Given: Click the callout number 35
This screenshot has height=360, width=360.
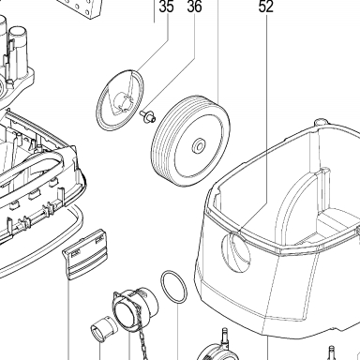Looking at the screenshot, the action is [166, 7].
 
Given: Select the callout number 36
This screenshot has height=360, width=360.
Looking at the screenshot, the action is [194, 7].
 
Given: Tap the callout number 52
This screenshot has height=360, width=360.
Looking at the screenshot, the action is [266, 7].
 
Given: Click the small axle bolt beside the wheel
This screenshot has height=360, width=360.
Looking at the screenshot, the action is [147, 116].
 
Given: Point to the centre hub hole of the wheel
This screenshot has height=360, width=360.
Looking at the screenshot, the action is [199, 145].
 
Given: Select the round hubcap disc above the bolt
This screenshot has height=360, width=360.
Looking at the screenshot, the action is [120, 100].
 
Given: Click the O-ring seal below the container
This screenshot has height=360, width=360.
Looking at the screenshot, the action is [174, 287].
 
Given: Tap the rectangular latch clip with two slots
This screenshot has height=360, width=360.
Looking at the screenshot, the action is [85, 254].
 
